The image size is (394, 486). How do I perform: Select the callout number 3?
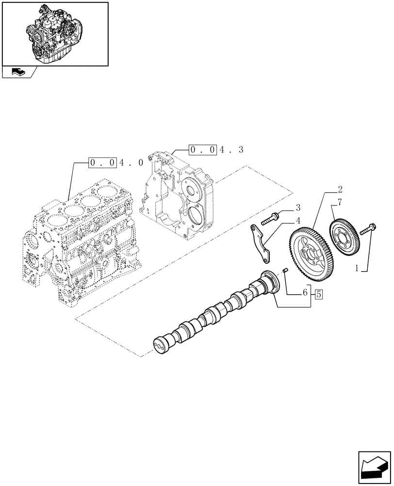298,208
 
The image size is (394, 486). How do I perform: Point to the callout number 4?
298,220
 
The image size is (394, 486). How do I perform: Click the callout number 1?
358,267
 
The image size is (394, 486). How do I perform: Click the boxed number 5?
319,293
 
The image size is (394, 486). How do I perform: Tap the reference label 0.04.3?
215,150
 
